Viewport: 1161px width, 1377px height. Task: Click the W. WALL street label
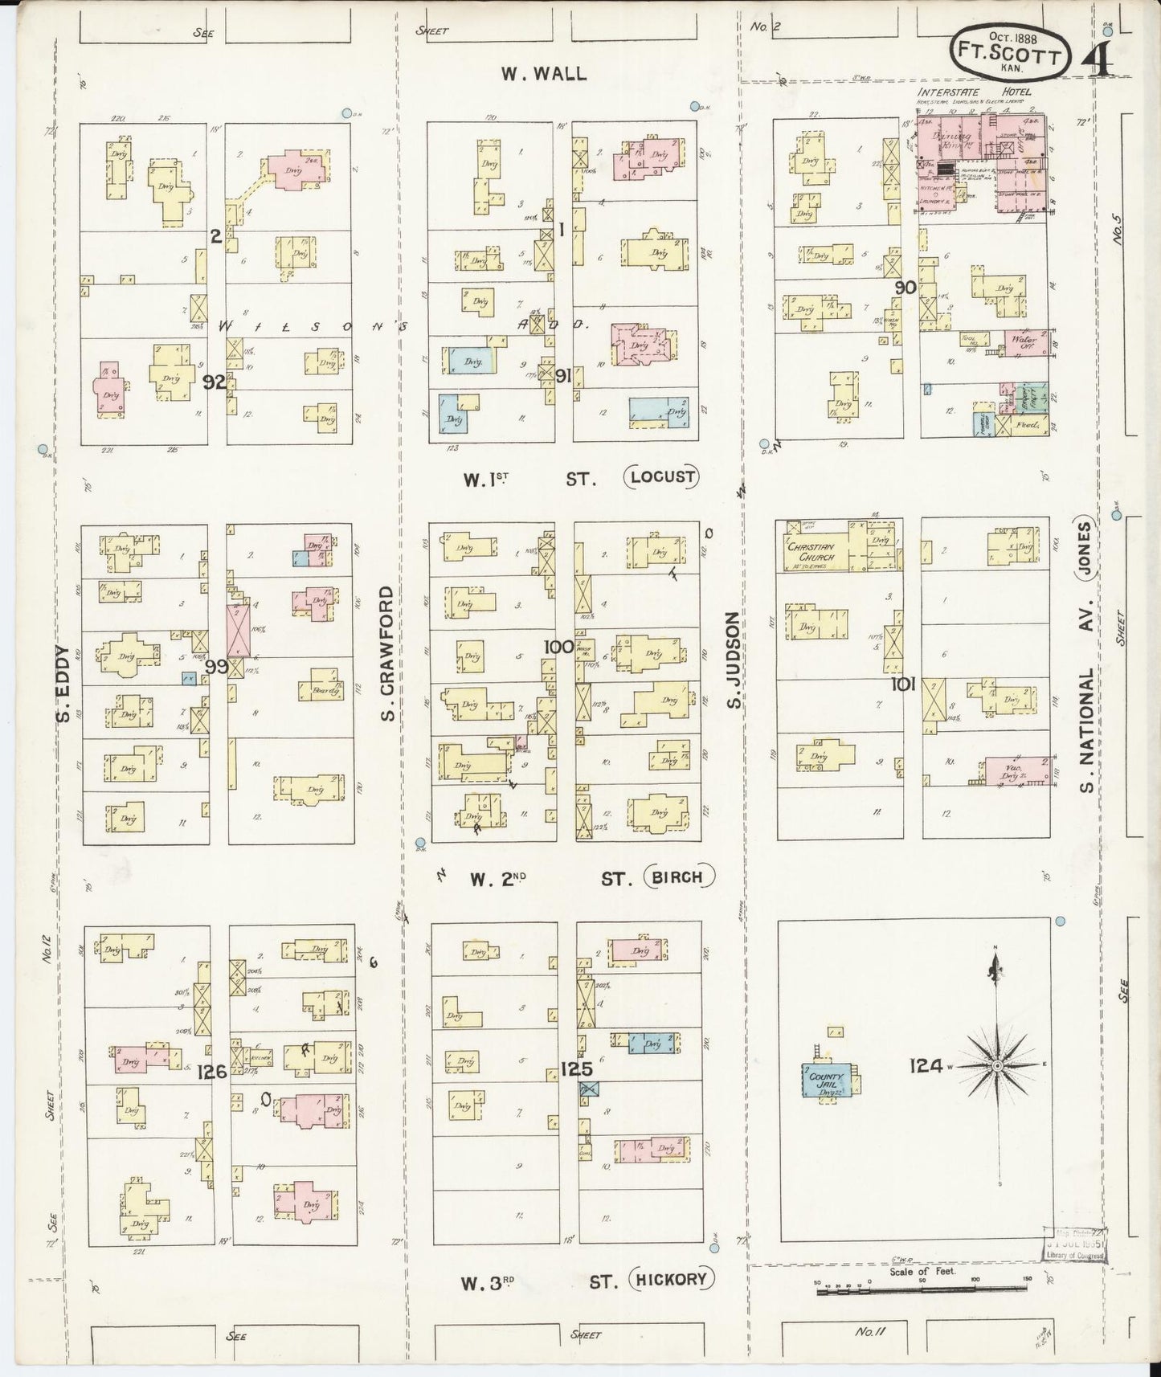(543, 73)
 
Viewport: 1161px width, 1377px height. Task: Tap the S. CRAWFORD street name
(388, 652)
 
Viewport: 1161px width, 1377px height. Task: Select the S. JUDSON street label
(732, 660)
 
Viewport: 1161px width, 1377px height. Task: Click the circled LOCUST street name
(662, 477)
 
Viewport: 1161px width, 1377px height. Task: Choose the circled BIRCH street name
(679, 877)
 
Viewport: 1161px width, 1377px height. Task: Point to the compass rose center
(996, 1065)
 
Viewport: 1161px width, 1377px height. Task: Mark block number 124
(926, 1065)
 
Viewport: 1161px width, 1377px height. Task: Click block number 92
(214, 382)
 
